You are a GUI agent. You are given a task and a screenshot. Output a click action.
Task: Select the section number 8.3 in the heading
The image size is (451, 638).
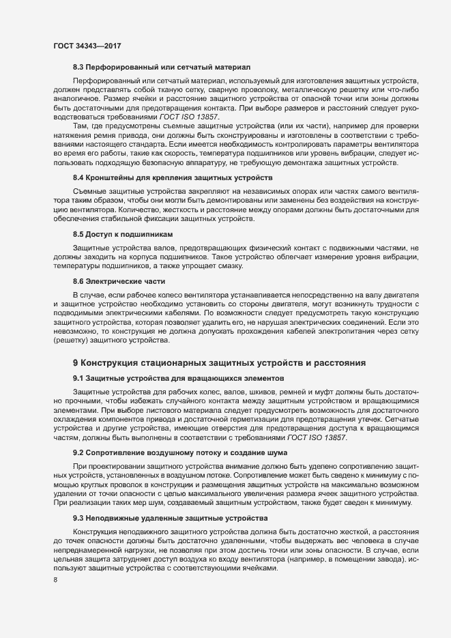click(x=78, y=68)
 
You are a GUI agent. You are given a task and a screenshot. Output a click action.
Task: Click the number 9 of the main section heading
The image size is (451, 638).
click(x=76, y=363)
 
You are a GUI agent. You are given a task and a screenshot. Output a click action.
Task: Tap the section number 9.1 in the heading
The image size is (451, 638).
click(x=78, y=377)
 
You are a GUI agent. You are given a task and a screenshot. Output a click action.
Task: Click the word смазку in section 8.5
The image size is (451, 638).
click(x=242, y=265)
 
